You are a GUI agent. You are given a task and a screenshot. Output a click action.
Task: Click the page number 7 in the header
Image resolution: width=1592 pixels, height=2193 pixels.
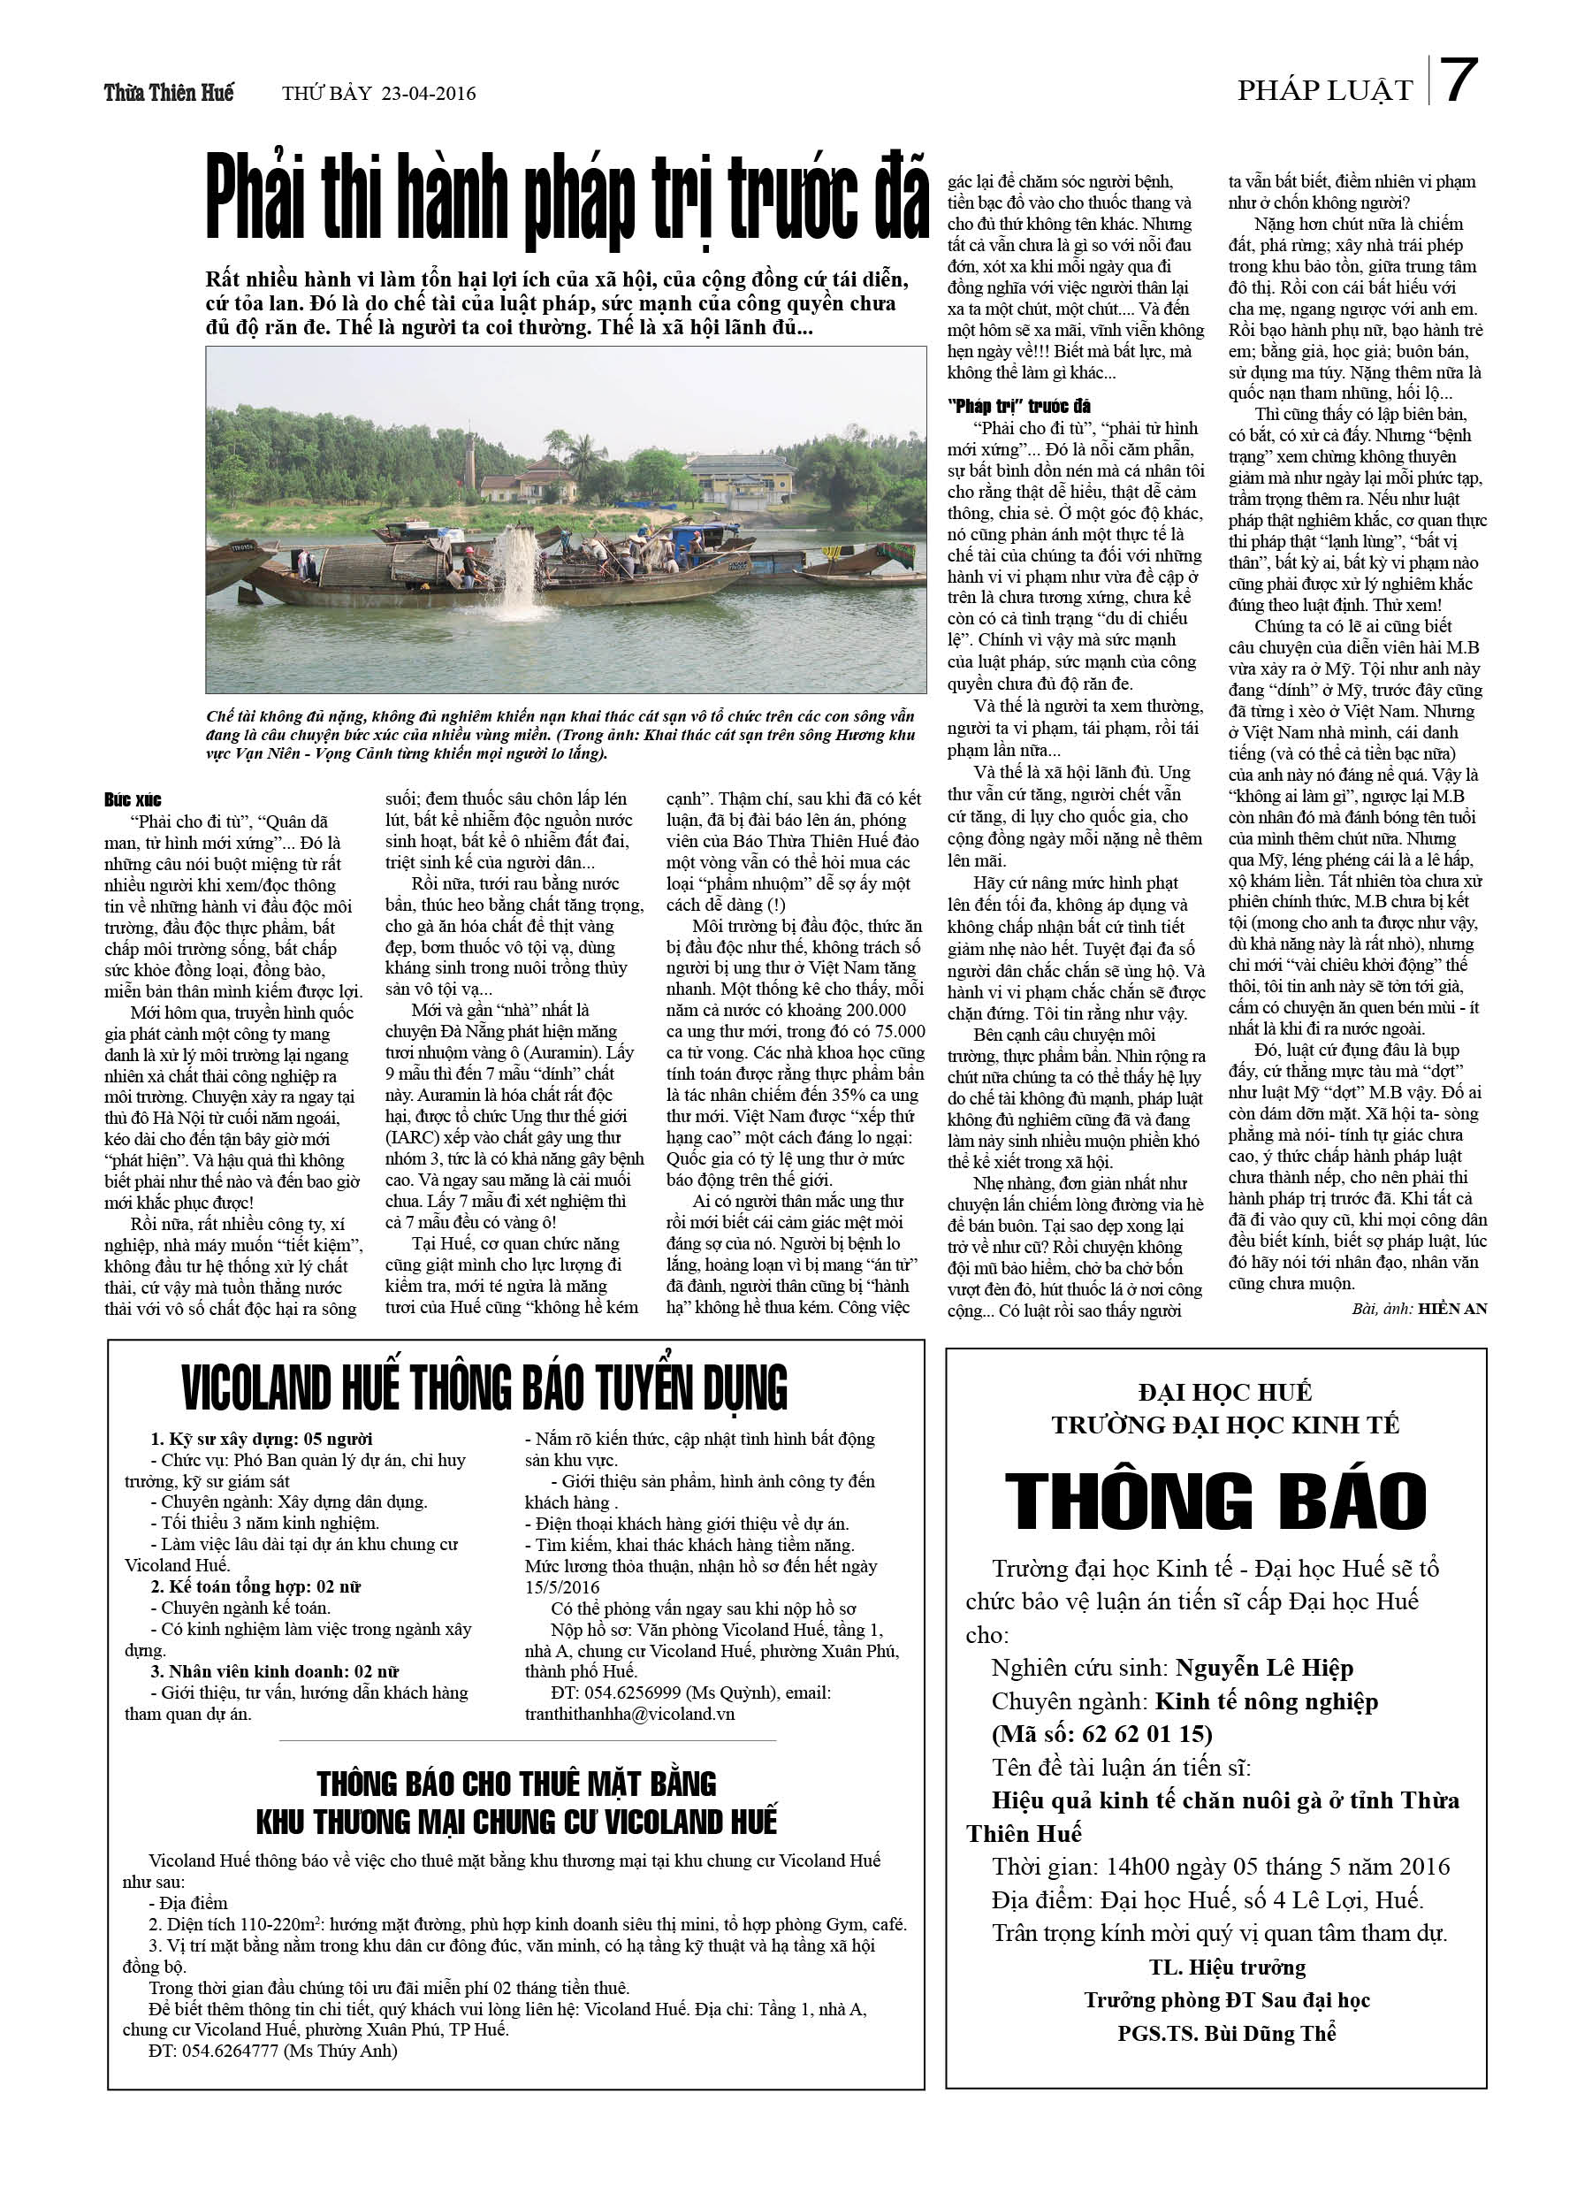(x=1459, y=81)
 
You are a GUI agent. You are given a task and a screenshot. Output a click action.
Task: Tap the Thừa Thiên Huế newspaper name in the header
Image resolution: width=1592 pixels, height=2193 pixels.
(x=169, y=93)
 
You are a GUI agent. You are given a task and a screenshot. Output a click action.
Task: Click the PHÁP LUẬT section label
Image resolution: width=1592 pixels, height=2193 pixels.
(x=1324, y=91)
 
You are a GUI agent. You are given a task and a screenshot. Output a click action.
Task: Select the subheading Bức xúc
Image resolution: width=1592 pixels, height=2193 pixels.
(x=133, y=799)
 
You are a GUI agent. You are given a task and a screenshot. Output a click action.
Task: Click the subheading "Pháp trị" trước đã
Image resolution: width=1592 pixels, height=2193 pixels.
(x=1019, y=406)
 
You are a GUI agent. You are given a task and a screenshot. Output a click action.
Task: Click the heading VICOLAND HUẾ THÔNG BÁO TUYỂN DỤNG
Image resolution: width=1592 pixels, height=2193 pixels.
(x=484, y=1388)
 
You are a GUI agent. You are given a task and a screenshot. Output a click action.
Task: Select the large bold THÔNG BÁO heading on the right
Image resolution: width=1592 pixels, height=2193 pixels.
(x=1216, y=1500)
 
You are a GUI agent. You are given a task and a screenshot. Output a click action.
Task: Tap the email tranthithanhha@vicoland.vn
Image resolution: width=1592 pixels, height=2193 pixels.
(x=629, y=1715)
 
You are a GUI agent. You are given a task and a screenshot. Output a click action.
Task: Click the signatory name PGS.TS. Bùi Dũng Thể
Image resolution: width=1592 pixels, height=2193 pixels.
(x=1227, y=2034)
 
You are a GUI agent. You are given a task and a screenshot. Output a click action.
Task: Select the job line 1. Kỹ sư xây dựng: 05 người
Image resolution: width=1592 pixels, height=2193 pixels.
(x=261, y=1440)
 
